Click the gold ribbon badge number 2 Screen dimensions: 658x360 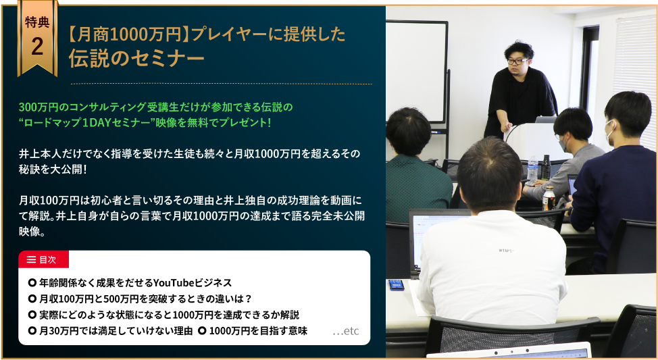pos(37,46)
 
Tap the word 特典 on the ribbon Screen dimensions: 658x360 pos(37,22)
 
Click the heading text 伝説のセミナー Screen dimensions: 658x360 pos(137,58)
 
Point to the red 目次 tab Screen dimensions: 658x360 pos(43,259)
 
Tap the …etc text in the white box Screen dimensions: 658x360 pos(346,331)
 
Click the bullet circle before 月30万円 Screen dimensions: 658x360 pos(32,331)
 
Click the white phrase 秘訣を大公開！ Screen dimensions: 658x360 pos(53,170)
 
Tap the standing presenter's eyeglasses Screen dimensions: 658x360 pos(517,61)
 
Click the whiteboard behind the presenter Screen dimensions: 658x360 pos(416,72)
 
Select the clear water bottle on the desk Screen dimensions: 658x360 pos(532,170)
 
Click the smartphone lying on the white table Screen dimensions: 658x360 pos(396,285)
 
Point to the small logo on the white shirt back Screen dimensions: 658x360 pos(506,251)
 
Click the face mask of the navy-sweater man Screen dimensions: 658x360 pos(609,131)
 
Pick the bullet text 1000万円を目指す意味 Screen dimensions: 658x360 pos(257,331)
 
